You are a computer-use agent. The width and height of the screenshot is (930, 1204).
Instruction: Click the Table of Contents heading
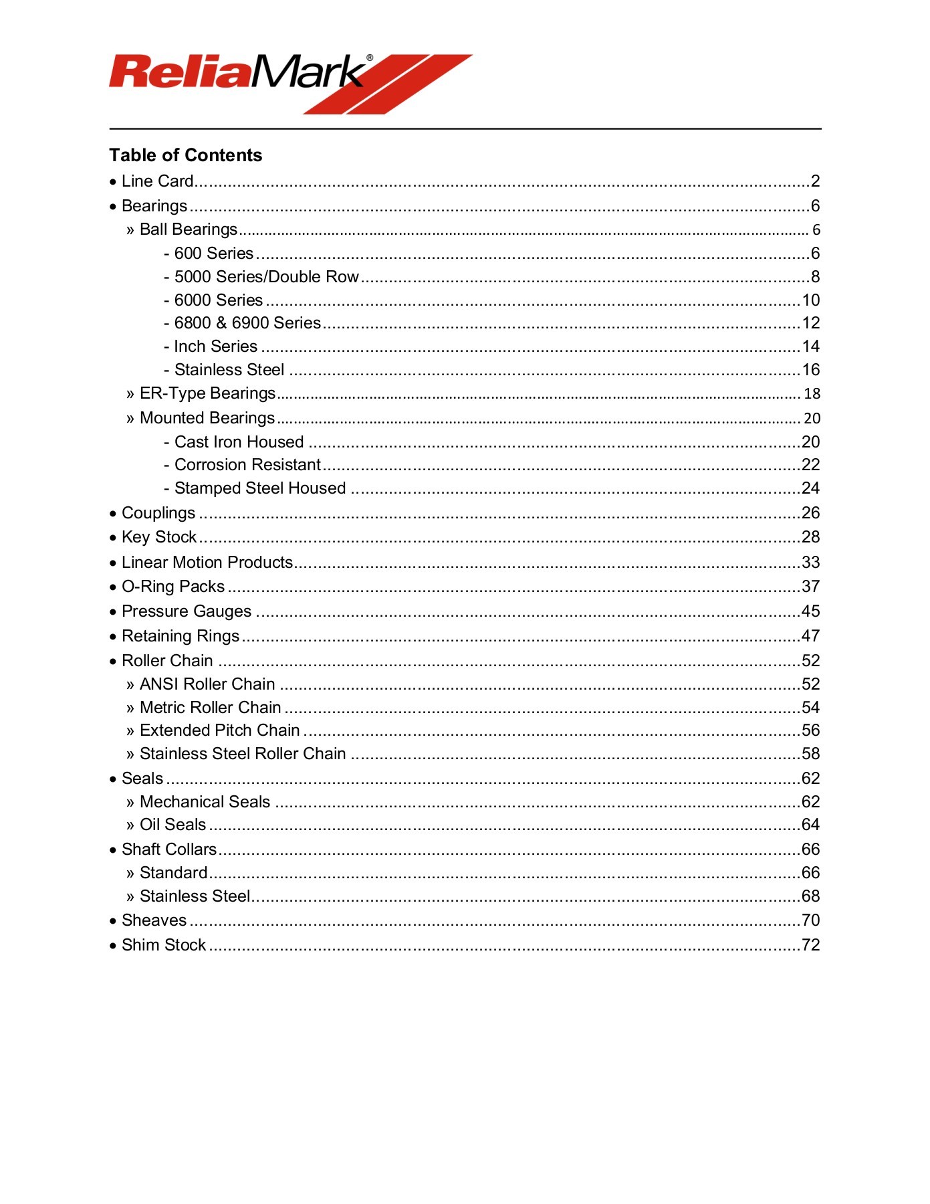pyautogui.click(x=186, y=155)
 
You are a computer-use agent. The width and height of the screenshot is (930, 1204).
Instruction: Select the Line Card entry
pyautogui.click(x=158, y=181)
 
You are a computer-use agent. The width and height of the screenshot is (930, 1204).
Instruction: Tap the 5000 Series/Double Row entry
pyautogui.click(x=266, y=277)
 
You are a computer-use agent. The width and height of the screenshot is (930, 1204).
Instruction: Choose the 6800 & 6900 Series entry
pyautogui.click(x=247, y=323)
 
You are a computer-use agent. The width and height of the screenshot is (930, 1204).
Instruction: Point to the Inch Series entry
pyautogui.click(x=215, y=346)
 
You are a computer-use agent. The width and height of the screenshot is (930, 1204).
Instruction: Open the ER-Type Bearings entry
pyautogui.click(x=207, y=393)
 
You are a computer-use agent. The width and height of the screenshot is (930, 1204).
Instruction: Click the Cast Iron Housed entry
pyautogui.click(x=239, y=442)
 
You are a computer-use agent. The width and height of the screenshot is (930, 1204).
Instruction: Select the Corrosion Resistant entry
pyautogui.click(x=247, y=465)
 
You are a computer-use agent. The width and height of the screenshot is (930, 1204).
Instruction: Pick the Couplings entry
pyautogui.click(x=158, y=513)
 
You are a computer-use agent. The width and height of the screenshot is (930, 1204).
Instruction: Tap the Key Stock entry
pyautogui.click(x=159, y=537)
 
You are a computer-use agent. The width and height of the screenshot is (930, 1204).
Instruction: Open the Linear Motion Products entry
pyautogui.click(x=207, y=563)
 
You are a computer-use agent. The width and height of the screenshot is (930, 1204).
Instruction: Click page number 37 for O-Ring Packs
pyautogui.click(x=810, y=587)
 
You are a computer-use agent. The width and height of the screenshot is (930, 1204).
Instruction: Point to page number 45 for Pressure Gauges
pyautogui.click(x=810, y=611)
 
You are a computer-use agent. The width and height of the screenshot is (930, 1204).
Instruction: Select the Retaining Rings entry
pyautogui.click(x=181, y=636)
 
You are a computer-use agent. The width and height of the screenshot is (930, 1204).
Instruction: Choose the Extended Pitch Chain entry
pyautogui.click(x=219, y=730)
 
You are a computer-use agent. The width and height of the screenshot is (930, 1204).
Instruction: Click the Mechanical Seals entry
pyautogui.click(x=205, y=802)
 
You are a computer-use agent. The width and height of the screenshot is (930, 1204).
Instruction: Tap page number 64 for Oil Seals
pyautogui.click(x=810, y=825)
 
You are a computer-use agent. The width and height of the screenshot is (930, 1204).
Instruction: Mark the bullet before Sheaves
pyautogui.click(x=113, y=921)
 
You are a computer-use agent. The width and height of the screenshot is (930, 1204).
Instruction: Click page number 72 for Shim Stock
pyautogui.click(x=810, y=945)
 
